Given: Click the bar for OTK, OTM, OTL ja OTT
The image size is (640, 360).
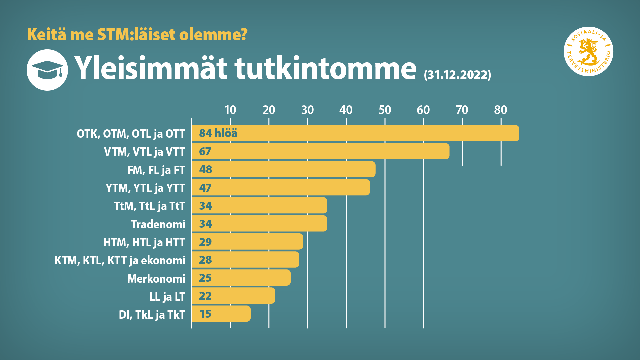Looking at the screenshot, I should (x=355, y=133).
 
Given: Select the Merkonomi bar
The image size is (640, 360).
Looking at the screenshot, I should (x=241, y=278).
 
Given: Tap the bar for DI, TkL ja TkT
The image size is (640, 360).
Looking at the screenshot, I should (x=221, y=314).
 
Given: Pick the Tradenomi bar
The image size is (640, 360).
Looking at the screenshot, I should (x=259, y=224).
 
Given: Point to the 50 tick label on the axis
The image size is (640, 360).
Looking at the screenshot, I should (x=385, y=110).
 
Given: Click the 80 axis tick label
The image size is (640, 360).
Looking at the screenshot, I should (x=500, y=110).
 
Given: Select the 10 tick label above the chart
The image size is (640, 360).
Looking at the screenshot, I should (x=230, y=110).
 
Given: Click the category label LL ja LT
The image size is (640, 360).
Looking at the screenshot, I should (x=167, y=297).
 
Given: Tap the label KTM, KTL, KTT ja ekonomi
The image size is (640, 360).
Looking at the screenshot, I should (x=120, y=260).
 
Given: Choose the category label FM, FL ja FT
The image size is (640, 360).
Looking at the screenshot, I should (x=156, y=170).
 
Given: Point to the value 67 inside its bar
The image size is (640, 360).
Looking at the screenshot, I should (x=205, y=152).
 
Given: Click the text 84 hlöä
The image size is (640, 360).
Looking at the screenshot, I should (x=218, y=133).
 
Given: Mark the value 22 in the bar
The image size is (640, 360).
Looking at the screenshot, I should (x=205, y=296).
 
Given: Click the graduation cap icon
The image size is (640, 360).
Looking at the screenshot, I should (x=47, y=70).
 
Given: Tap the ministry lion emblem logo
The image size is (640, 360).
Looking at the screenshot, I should (x=588, y=51).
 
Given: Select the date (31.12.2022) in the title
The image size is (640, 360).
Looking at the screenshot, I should (x=457, y=75).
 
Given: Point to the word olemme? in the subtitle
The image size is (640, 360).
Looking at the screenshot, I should (x=213, y=35).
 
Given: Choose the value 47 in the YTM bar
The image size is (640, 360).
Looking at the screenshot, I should (x=205, y=188).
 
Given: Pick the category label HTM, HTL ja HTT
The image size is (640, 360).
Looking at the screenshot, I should (x=144, y=242).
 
